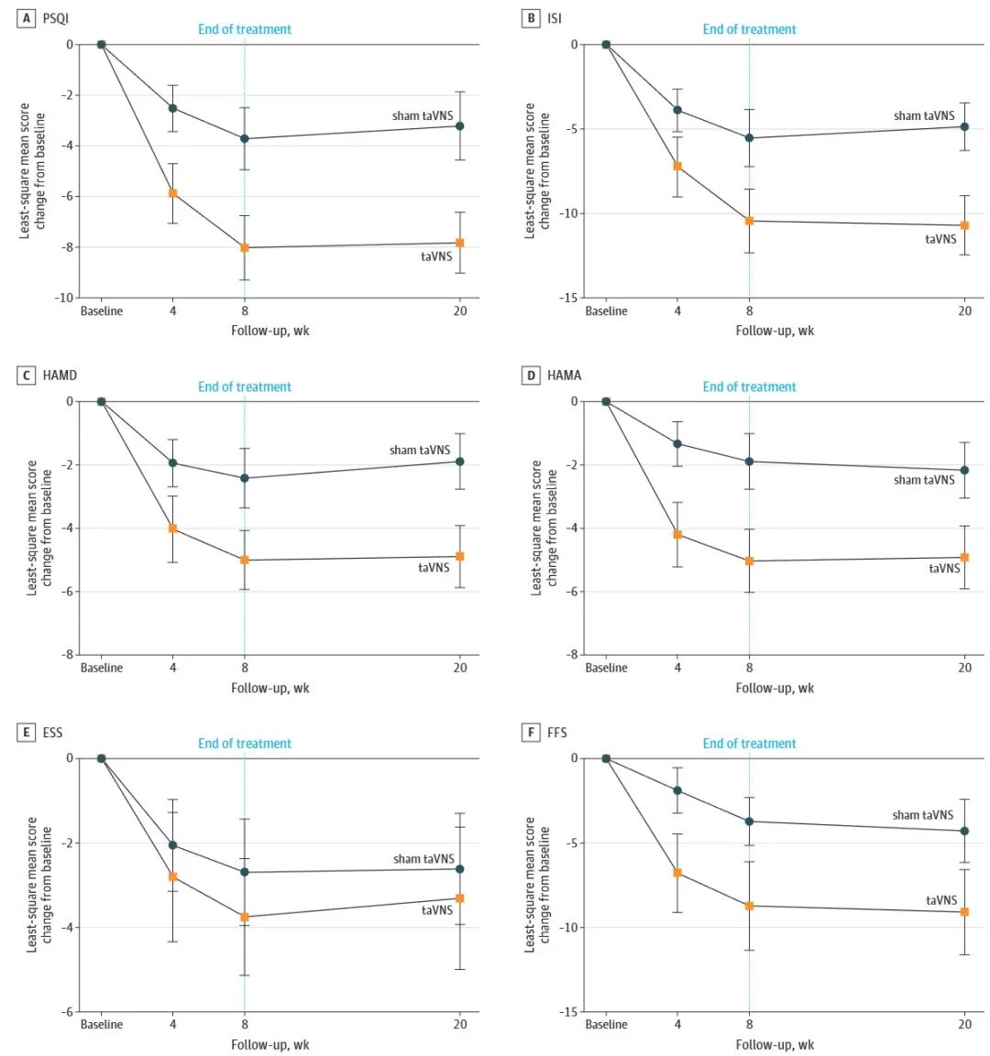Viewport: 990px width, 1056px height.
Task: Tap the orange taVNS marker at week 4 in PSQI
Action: pyautogui.click(x=172, y=193)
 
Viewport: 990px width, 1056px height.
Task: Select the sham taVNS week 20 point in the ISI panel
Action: pyautogui.click(x=964, y=126)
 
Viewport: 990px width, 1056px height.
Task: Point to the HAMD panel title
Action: pyautogui.click(x=60, y=375)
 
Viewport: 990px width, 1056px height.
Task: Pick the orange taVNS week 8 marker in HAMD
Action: pyautogui.click(x=245, y=560)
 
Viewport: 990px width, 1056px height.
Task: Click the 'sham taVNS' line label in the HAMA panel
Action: pyautogui.click(x=924, y=480)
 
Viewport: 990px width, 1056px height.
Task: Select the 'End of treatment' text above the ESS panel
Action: pyautogui.click(x=245, y=744)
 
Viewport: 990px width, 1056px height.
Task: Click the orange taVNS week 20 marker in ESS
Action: pyautogui.click(x=460, y=898)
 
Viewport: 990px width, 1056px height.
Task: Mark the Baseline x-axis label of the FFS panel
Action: pyautogui.click(x=606, y=1024)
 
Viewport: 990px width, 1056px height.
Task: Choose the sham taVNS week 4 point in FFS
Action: pyautogui.click(x=677, y=790)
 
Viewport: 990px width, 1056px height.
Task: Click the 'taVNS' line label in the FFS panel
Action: pyautogui.click(x=941, y=900)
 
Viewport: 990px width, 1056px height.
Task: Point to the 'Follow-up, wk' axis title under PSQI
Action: pyautogui.click(x=269, y=331)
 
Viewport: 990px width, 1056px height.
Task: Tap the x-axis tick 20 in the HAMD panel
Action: pyautogui.click(x=460, y=668)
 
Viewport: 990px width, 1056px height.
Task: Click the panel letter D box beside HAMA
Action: pyautogui.click(x=531, y=375)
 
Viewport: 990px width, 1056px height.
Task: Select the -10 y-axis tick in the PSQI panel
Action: pyautogui.click(x=63, y=298)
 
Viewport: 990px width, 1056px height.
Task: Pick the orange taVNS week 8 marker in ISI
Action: pyautogui.click(x=749, y=221)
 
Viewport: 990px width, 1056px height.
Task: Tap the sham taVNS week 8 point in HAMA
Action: pyautogui.click(x=749, y=462)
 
